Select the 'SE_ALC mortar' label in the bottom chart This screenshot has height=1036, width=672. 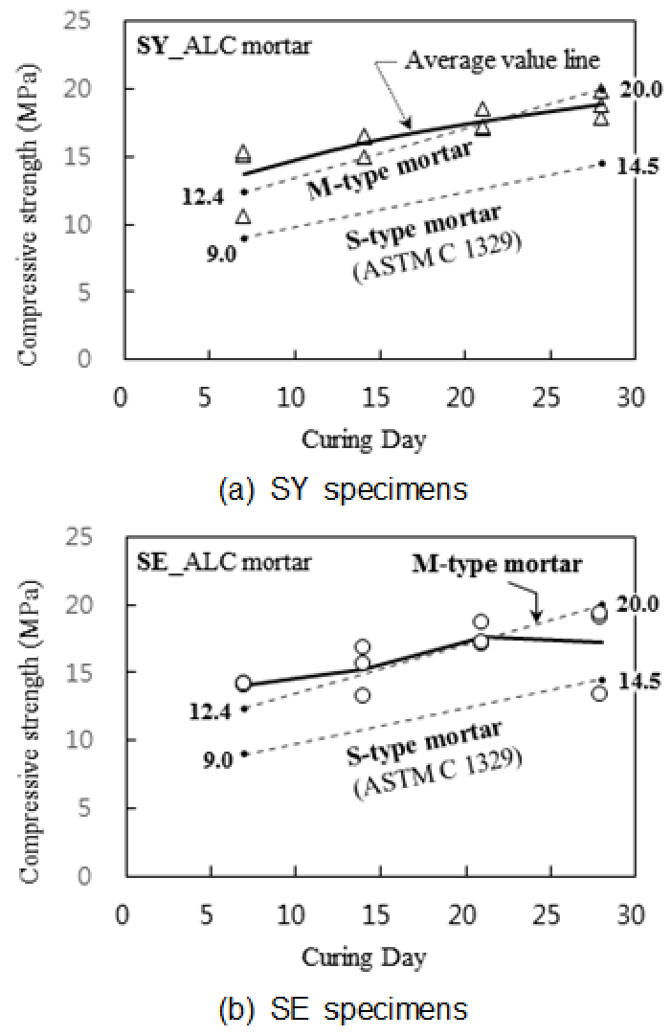click(x=195, y=563)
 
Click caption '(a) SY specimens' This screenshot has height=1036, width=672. click(x=343, y=489)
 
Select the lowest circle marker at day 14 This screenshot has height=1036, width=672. click(x=363, y=695)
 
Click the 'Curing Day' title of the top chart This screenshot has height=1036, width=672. click(x=364, y=439)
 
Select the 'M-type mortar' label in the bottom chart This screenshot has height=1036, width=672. click(x=497, y=564)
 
